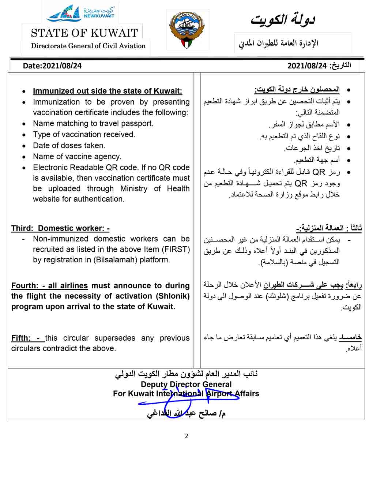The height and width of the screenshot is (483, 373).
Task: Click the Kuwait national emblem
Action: [188, 30]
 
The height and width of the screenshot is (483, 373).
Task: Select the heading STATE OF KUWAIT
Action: [84, 33]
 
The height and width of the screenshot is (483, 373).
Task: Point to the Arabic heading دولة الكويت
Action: [283, 20]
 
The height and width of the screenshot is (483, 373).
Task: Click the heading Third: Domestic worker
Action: [60, 228]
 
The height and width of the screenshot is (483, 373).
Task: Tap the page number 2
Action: [186, 436]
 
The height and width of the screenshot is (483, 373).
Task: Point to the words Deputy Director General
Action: [186, 384]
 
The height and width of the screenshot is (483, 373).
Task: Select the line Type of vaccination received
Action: [84, 134]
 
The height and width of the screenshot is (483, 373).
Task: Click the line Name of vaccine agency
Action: [77, 157]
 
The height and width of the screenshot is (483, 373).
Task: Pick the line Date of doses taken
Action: [69, 146]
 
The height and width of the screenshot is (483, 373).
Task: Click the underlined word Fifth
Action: [20, 338]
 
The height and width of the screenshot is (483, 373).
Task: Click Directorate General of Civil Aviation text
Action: [88, 46]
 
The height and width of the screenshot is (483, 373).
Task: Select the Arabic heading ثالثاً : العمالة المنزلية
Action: [329, 228]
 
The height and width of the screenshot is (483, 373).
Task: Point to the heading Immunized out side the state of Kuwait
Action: [107, 91]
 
